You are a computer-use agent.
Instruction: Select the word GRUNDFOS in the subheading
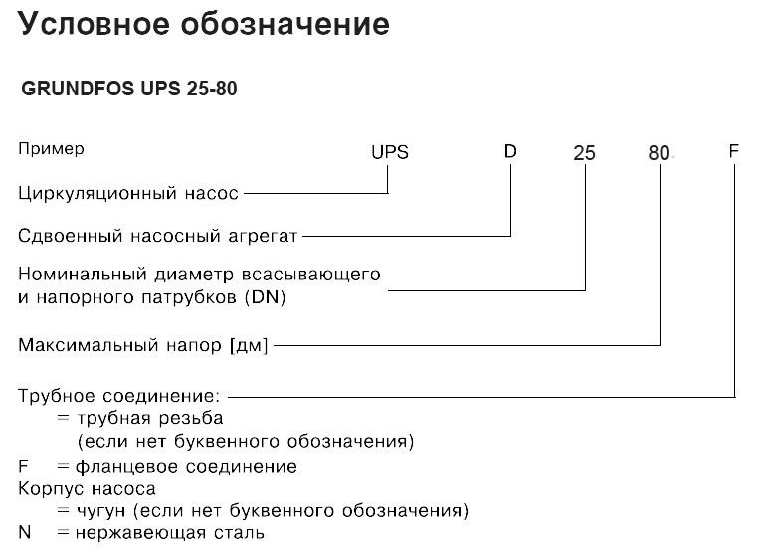point(78,89)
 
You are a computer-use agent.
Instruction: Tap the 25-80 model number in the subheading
point(212,89)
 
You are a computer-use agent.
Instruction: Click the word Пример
point(51,149)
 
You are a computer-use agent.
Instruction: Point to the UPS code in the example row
point(390,152)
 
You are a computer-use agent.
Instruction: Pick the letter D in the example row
point(510,151)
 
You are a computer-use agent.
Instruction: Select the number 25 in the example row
point(584,153)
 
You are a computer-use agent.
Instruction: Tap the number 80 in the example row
point(659,153)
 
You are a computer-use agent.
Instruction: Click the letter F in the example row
point(733,151)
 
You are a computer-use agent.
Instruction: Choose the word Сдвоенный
point(71,236)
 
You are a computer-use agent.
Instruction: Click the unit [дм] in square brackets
point(248,345)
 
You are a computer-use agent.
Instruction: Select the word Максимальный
point(89,345)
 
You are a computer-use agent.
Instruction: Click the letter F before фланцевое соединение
point(23,466)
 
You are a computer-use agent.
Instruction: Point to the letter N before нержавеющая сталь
point(25,532)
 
